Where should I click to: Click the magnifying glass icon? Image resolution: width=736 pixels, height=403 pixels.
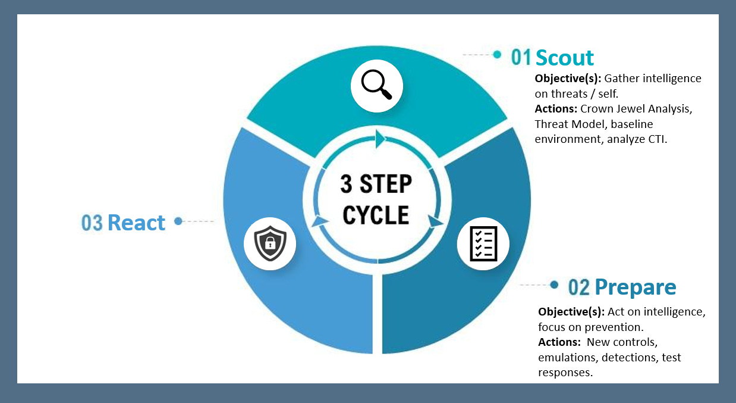(377, 86)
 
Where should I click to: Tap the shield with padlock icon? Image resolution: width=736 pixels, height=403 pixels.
(270, 243)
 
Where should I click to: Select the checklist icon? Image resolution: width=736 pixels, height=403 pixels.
(483, 243)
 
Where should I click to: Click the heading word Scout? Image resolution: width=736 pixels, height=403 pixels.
(564, 57)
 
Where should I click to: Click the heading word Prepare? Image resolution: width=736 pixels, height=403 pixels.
(635, 287)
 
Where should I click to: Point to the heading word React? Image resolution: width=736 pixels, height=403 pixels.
(136, 222)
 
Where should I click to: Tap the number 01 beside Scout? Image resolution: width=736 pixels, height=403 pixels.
(521, 57)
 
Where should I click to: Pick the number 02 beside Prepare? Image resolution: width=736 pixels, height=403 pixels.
(578, 288)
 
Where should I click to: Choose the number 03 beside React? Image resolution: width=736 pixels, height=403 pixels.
(92, 223)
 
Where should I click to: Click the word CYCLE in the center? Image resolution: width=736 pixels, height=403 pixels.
(376, 214)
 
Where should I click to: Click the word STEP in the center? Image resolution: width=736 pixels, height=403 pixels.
(389, 184)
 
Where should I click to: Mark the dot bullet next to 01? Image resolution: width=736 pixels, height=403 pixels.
(497, 55)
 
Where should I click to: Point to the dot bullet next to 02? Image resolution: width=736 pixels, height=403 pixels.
(554, 285)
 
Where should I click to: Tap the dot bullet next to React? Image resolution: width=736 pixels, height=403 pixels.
(178, 221)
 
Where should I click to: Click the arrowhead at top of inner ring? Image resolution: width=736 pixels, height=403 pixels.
(379, 140)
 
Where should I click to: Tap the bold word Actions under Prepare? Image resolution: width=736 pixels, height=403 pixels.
(558, 342)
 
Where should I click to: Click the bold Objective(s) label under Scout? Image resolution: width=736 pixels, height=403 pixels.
(568, 79)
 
